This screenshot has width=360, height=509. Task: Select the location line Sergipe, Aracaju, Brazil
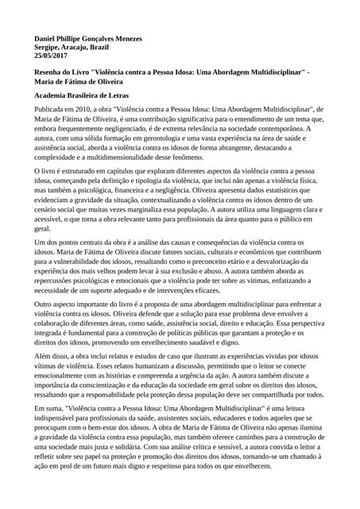tap(72, 48)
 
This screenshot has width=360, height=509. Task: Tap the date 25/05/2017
tap(52, 57)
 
